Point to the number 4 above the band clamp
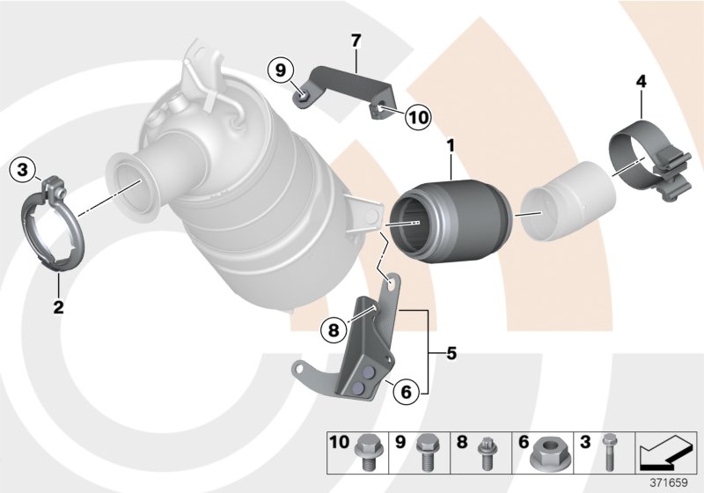coord(642,82)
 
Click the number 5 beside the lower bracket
coord(451,354)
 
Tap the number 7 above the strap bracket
coord(356,40)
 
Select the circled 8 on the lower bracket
coord(334,331)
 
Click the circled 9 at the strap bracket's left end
coord(280,68)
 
